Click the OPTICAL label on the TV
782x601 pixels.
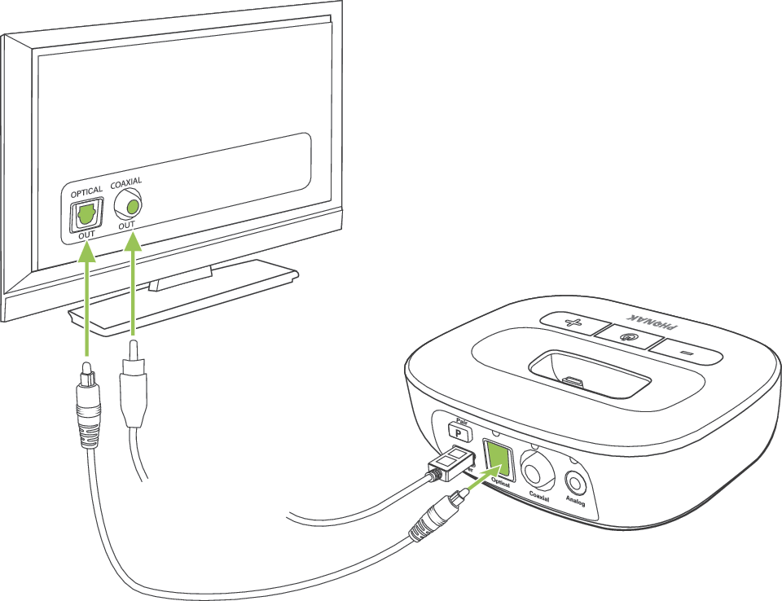[x=87, y=191]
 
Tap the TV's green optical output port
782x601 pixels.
[x=86, y=215]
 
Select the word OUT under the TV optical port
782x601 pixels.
[x=87, y=235]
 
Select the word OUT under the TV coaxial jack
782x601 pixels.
[x=126, y=225]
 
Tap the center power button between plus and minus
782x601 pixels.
[x=627, y=334]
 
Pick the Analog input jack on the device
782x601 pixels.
[x=575, y=481]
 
